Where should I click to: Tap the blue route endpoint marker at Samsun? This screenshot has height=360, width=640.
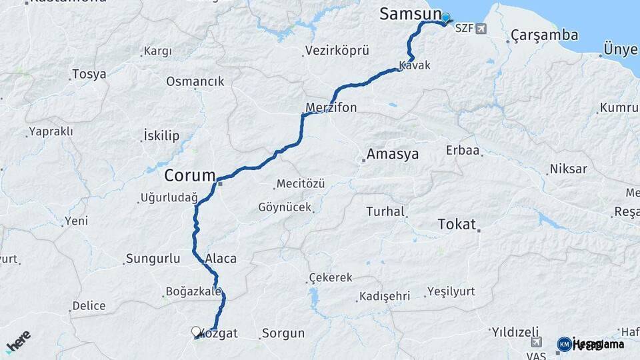(x=445, y=18)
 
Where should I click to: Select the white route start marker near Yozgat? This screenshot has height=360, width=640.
(x=196, y=331)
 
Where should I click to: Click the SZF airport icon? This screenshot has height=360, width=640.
(x=481, y=29)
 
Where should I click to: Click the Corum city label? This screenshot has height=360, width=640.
(x=190, y=176)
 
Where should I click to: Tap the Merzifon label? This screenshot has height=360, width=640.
(x=331, y=107)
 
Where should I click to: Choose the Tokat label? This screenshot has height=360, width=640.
(x=457, y=224)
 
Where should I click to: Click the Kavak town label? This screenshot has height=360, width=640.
(x=415, y=65)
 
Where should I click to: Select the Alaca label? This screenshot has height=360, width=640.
(x=221, y=259)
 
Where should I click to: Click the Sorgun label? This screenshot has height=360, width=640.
(x=283, y=333)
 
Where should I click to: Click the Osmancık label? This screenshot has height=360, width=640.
(x=195, y=81)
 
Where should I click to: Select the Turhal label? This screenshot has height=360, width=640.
(x=385, y=212)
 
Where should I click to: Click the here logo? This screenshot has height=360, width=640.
(x=18, y=341)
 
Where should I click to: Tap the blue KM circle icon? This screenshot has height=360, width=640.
(x=564, y=344)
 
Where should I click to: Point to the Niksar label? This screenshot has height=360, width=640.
(x=568, y=169)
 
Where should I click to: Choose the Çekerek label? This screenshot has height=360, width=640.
(x=331, y=277)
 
